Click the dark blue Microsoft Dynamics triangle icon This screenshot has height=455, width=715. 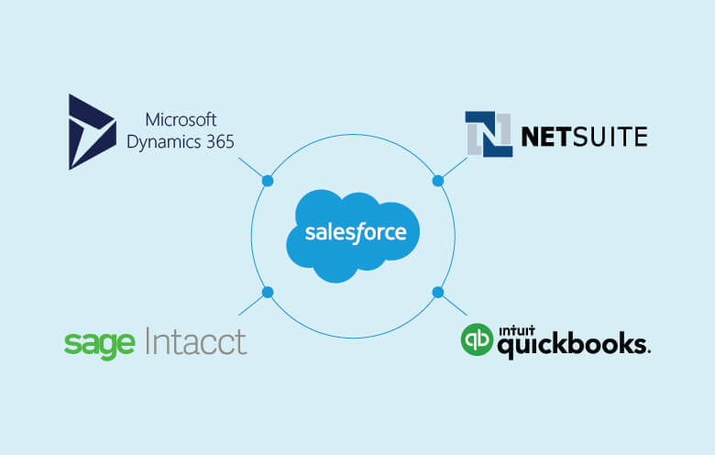tap(90, 131)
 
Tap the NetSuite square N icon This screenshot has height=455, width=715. tap(488, 134)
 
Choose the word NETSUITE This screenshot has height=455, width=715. tap(584, 137)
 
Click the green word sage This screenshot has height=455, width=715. tap(100, 343)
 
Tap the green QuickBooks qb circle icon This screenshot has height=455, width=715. tap(476, 338)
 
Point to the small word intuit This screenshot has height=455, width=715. tap(516, 328)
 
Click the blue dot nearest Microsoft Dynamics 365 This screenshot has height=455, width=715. tap(268, 181)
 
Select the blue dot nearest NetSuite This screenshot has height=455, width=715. tap(437, 181)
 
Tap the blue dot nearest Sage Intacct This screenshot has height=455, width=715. tap(268, 293)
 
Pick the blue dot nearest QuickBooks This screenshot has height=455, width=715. tap(437, 293)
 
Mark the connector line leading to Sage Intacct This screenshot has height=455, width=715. tap(252, 305)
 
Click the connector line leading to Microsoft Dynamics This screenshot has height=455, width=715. tap(252, 169)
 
